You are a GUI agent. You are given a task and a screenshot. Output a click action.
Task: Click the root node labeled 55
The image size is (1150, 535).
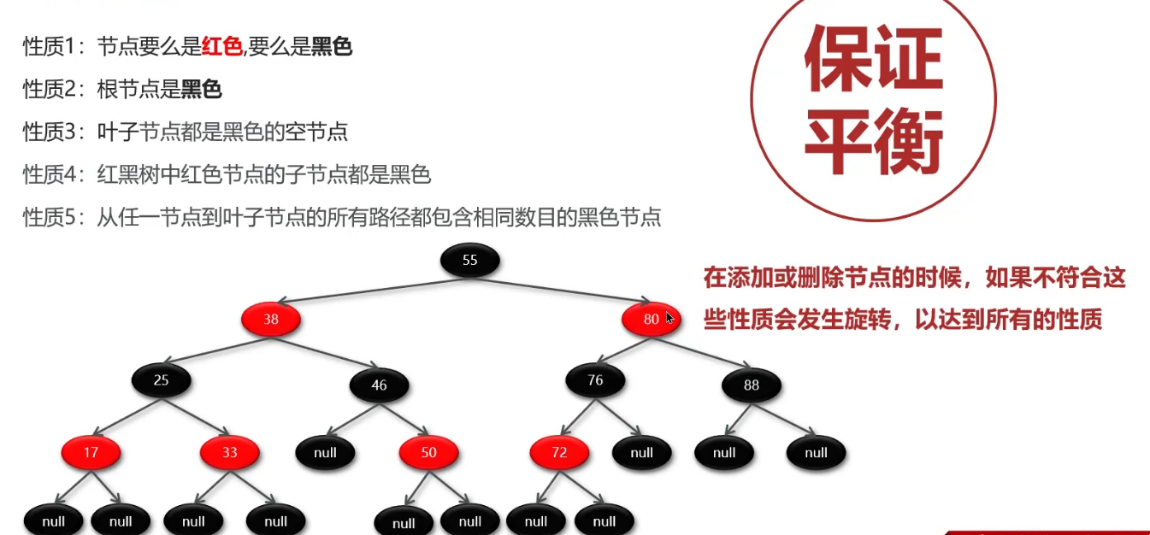tap(469, 260)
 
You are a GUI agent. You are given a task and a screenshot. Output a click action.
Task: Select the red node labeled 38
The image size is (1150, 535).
tap(271, 320)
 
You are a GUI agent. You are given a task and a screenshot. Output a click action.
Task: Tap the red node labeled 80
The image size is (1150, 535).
tap(651, 320)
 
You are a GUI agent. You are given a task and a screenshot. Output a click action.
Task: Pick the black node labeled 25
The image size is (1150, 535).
tap(161, 380)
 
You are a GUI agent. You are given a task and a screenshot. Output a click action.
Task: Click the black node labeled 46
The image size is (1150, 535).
tap(379, 385)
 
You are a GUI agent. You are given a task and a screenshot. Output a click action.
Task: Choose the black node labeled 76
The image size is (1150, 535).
tap(595, 380)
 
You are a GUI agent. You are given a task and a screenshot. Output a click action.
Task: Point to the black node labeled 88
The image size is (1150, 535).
tap(752, 385)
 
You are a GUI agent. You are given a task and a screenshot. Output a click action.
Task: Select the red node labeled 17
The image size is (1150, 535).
tap(91, 452)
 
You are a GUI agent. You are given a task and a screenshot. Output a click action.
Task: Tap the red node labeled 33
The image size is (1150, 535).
tap(229, 452)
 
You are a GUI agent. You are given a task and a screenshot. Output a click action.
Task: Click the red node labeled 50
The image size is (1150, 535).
tap(428, 452)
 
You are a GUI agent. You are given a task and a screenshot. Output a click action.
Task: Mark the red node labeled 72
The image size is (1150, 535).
tap(559, 452)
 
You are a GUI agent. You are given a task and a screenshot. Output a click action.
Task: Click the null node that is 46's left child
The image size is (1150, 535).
tap(325, 452)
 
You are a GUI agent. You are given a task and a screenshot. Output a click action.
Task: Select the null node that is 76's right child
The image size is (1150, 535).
tap(641, 452)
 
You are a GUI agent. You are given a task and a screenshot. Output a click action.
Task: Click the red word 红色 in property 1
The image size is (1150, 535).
tap(221, 47)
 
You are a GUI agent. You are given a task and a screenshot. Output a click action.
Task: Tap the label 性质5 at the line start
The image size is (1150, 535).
tap(46, 218)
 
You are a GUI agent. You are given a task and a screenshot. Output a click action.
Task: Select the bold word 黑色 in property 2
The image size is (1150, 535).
tap(201, 89)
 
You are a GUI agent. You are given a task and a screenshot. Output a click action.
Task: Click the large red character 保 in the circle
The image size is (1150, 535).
tap(838, 59)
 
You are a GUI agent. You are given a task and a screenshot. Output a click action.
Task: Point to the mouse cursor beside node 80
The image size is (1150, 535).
tap(669, 318)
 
